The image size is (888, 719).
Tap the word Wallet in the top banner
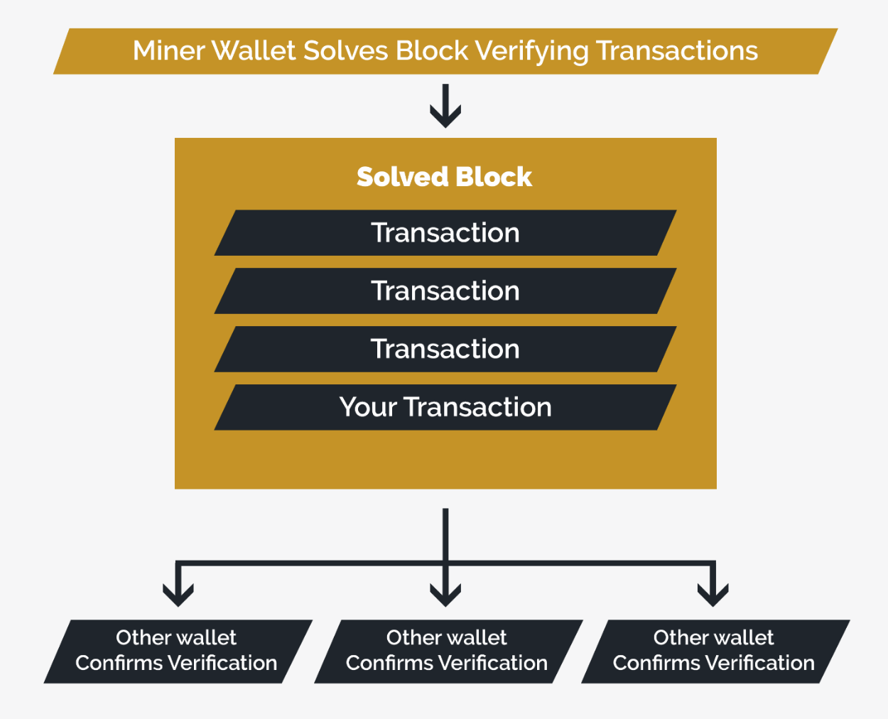pos(254,51)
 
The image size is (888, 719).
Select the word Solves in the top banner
pos(346,51)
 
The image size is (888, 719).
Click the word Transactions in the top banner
pos(677,51)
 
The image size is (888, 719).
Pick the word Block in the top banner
pos(432,51)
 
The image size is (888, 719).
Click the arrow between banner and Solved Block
pos(445,107)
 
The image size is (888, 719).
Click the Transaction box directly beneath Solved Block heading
pos(445,233)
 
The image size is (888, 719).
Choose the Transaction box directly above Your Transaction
pos(445,350)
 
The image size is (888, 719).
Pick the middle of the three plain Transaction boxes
pos(445,291)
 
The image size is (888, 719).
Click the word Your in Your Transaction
pos(367,408)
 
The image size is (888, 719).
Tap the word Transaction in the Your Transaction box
pos(477,408)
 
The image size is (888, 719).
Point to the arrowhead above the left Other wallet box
pos(178,593)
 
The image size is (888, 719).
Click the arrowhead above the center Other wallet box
pos(445,593)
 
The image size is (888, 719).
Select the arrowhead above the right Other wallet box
pos(713,593)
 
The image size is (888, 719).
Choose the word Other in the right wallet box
pos(679,637)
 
